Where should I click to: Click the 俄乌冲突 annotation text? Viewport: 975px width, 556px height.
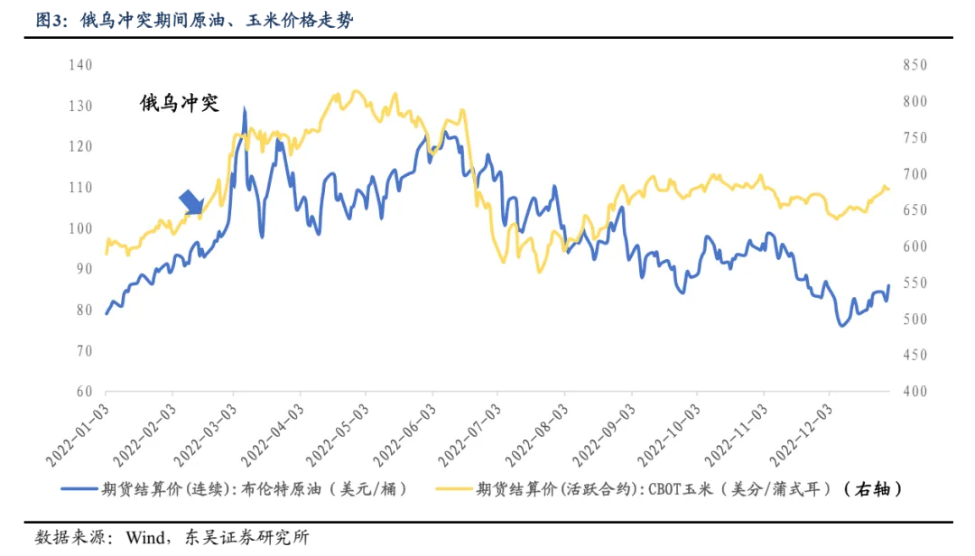(x=179, y=103)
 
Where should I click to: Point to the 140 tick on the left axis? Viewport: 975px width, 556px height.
(x=81, y=65)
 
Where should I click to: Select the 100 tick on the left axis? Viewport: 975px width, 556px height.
(x=81, y=228)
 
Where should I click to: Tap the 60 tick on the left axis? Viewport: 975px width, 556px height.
(x=84, y=392)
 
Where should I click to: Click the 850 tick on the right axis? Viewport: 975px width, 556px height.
(x=914, y=65)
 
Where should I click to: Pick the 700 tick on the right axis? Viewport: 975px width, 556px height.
(x=914, y=174)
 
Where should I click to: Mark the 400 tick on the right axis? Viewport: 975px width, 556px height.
(x=914, y=392)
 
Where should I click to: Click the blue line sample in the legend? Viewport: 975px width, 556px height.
(x=84, y=489)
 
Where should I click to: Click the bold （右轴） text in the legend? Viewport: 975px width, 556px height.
(x=872, y=489)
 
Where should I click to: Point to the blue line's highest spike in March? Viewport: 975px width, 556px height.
(x=244, y=109)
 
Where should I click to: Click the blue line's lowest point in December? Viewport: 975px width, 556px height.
(x=842, y=325)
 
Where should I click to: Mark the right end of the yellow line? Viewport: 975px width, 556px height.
(x=889, y=189)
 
